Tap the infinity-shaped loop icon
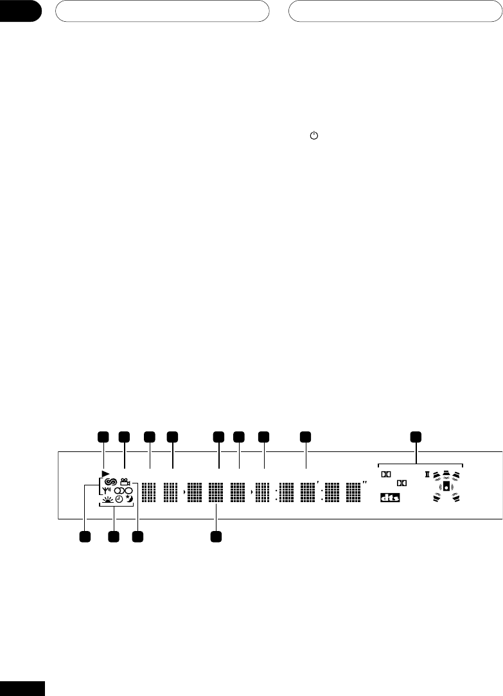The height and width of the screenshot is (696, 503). pyautogui.click(x=110, y=482)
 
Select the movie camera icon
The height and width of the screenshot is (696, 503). pyautogui.click(x=125, y=482)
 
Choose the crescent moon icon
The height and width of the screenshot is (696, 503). pyautogui.click(x=131, y=498)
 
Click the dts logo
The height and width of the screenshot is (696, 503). pyautogui.click(x=389, y=498)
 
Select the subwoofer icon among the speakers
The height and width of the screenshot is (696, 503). pyautogui.click(x=446, y=487)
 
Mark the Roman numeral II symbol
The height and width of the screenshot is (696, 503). pyautogui.click(x=427, y=475)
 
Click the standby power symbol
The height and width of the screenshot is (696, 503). pyautogui.click(x=313, y=136)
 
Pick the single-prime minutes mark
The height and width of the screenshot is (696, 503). pyautogui.click(x=318, y=481)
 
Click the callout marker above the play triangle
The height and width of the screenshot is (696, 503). pyautogui.click(x=102, y=437)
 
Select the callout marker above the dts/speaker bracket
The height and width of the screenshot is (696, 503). pyautogui.click(x=416, y=437)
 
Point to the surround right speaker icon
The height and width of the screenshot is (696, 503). pyautogui.click(x=457, y=498)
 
